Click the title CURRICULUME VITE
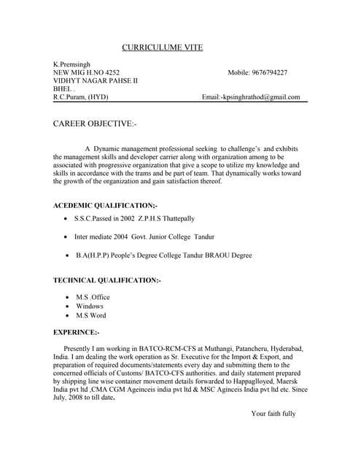(x=162, y=48)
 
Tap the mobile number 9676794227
(x=269, y=73)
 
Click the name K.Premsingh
(x=72, y=64)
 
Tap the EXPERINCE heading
(x=77, y=332)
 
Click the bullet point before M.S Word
(x=67, y=316)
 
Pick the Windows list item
(x=90, y=306)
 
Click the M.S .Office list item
(x=93, y=297)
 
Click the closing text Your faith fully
(x=273, y=414)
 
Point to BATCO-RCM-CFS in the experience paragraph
(x=172, y=349)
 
